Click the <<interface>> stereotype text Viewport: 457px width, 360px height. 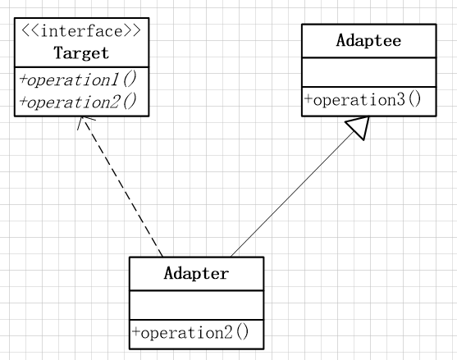tap(81, 31)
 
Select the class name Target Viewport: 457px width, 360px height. tap(81, 53)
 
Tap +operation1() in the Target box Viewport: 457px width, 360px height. tap(78, 80)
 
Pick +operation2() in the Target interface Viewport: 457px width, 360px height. tap(78, 102)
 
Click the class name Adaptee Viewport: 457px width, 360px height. tap(368, 40)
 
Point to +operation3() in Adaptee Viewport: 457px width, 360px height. tap(363, 99)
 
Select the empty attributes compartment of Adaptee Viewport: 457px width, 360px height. tap(369, 72)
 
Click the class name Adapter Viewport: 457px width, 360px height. tap(196, 273)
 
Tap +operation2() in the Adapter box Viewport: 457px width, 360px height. tap(190, 333)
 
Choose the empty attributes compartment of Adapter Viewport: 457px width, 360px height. tap(196, 305)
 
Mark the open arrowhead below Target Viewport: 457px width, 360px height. tap(84, 121)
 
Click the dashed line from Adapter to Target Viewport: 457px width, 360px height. tap(122, 187)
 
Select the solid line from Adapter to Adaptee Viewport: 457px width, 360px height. tap(292, 195)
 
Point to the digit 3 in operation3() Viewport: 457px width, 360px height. tap(401, 99)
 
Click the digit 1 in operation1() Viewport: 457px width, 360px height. tap(114, 80)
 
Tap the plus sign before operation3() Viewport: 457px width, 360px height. tap(308, 99)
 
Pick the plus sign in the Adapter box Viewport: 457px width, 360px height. tap(136, 332)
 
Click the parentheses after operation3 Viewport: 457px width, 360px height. tap(414, 99)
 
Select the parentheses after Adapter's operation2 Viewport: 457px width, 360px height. tap(242, 333)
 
